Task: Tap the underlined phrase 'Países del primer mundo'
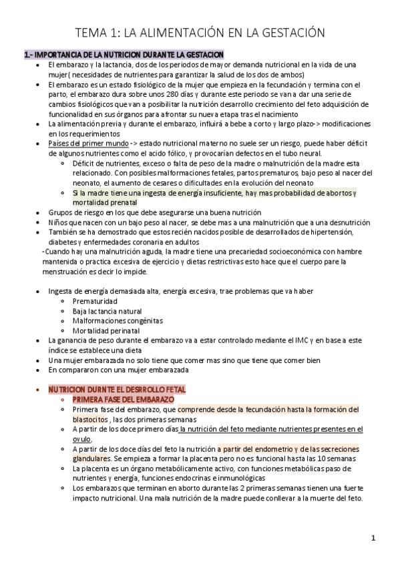pos(83,143)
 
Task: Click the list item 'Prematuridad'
pos(95,302)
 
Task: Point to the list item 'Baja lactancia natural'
pos(107,311)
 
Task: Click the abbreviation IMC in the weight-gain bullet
pos(268,340)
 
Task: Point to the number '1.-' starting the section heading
pos(28,53)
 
